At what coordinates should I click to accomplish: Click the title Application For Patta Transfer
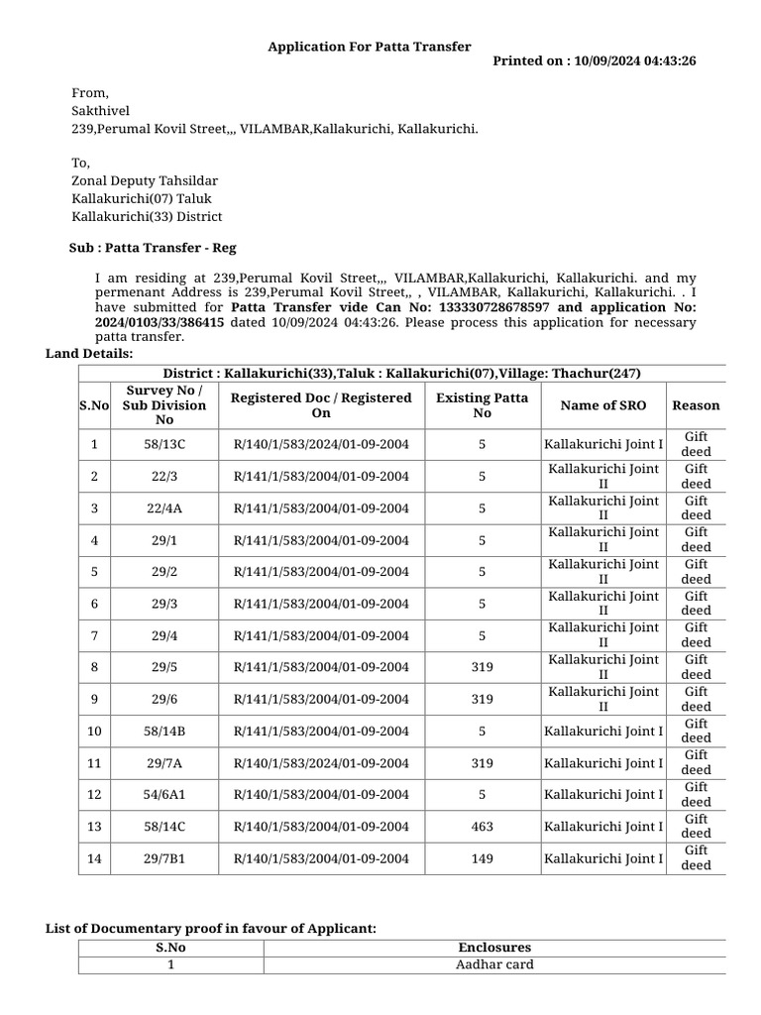coord(370,47)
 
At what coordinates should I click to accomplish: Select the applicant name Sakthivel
coord(100,111)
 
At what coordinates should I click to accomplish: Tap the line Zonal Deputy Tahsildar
coord(145,180)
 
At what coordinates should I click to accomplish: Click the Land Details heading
coord(89,354)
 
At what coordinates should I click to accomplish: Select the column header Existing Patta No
coord(483,405)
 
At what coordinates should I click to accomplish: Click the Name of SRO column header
coord(602,405)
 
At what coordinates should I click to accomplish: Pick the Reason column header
coord(696,405)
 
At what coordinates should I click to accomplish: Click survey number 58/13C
coord(164,445)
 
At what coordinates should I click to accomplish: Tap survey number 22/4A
coord(164,508)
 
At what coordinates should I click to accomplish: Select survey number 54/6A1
coord(164,795)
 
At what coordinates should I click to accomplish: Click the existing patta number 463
coord(483,827)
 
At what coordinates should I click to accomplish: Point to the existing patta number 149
coord(483,858)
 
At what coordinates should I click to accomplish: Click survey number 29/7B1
coord(164,858)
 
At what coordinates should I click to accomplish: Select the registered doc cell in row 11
coord(321,763)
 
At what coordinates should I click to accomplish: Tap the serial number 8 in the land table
coord(94,667)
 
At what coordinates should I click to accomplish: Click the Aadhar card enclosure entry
coord(494,964)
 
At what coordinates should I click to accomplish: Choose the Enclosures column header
coord(494,948)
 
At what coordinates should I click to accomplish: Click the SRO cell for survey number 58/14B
coord(603,732)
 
